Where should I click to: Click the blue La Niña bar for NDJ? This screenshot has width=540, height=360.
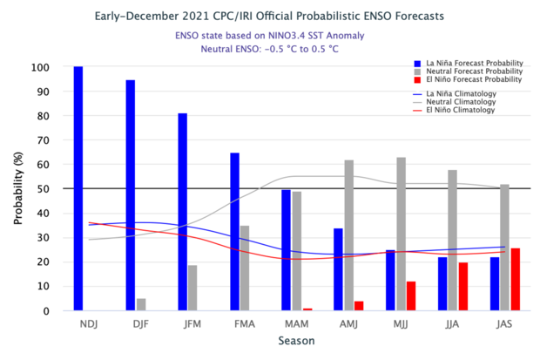(x=78, y=188)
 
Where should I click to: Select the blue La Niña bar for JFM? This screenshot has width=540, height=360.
(x=183, y=212)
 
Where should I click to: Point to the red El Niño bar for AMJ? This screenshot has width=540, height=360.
(x=359, y=306)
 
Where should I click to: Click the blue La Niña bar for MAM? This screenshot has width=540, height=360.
(x=287, y=249)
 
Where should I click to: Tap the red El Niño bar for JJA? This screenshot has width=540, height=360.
(x=463, y=286)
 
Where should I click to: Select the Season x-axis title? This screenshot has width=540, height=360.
(x=290, y=341)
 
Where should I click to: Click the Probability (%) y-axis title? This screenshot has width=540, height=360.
(x=17, y=188)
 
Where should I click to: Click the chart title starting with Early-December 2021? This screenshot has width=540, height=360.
(x=269, y=16)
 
